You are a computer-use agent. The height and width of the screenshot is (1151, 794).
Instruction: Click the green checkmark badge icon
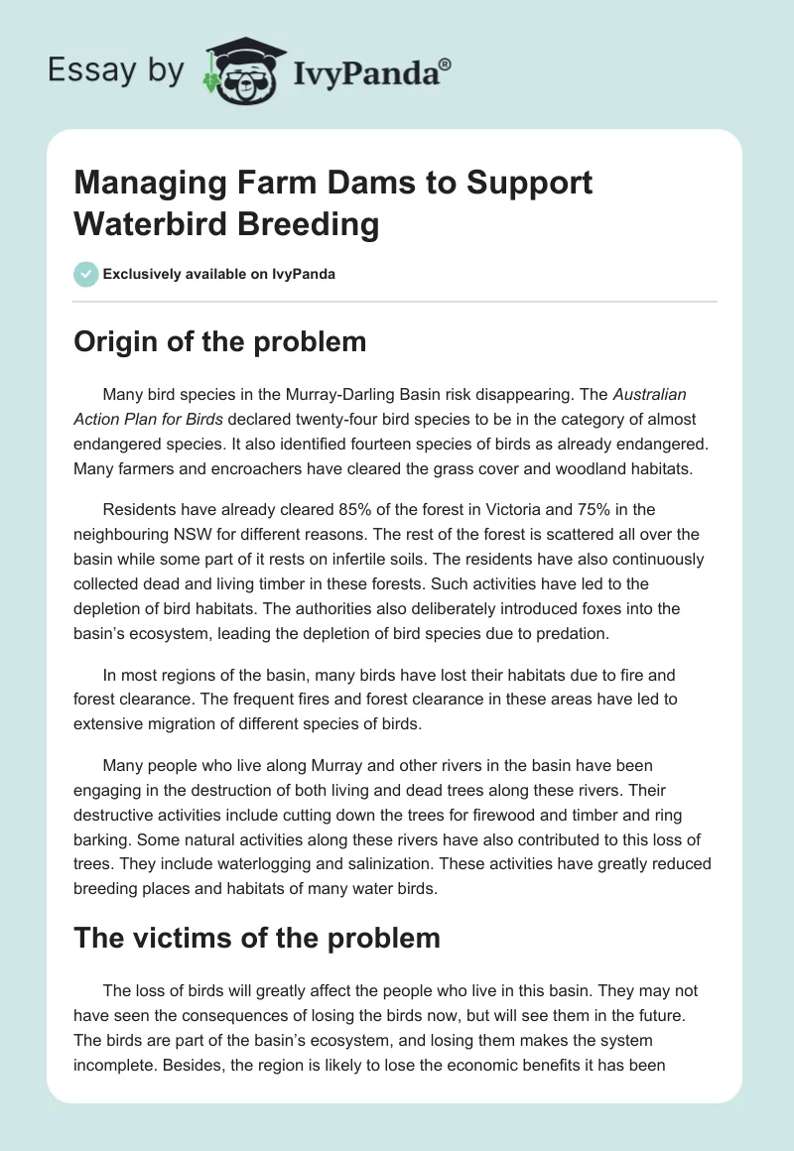86,274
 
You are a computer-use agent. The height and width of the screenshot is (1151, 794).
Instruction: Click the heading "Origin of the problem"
219,342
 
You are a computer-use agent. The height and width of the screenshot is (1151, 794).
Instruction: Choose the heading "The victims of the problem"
257,937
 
